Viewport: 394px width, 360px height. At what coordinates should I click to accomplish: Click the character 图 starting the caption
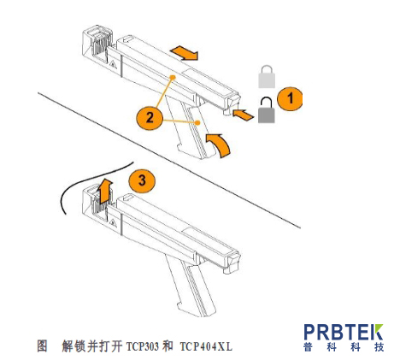41,345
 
